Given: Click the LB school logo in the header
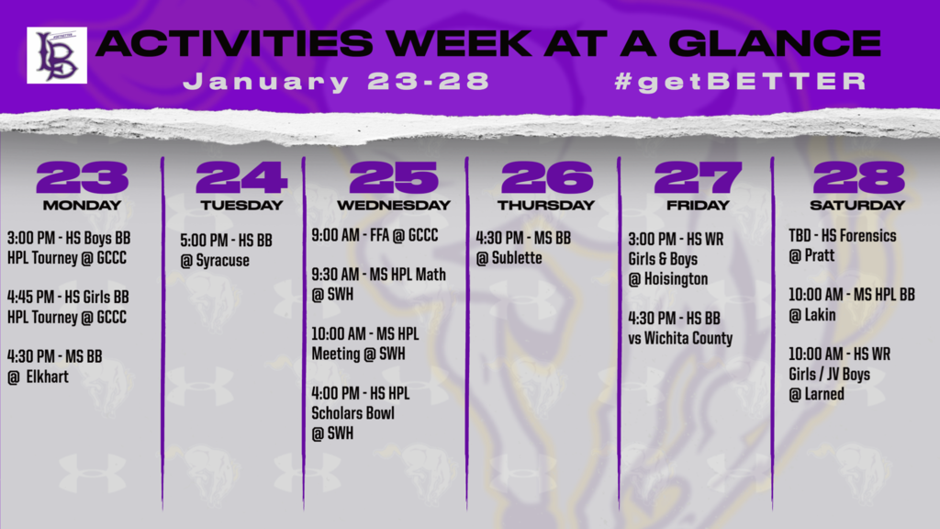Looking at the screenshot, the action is point(57,55).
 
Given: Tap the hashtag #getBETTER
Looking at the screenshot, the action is point(741,82).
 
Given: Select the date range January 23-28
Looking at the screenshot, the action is point(336,82).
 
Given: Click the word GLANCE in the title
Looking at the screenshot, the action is point(774,44).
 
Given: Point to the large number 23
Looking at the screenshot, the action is point(82,177).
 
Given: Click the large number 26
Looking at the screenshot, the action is point(547,177).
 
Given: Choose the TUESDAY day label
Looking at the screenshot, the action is point(241,205).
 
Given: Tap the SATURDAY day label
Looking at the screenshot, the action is point(857,205).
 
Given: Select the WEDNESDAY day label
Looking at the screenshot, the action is point(393,205).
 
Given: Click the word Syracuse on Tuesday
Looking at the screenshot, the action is point(222,261).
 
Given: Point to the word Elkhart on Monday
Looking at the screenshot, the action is point(47,377).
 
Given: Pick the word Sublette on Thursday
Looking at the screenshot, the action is point(517,258).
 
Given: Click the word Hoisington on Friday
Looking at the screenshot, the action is point(676,279).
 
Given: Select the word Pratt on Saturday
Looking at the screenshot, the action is point(820,255).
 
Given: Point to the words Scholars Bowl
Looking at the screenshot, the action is point(352,413).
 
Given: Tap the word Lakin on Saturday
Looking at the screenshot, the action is point(820,315).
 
